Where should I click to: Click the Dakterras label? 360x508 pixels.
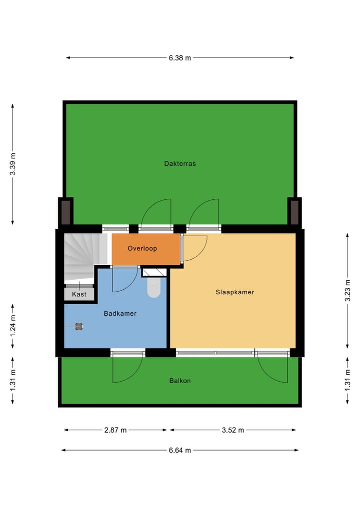coord(179,163)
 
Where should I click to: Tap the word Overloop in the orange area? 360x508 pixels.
coord(142,248)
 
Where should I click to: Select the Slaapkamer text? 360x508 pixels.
coord(234,292)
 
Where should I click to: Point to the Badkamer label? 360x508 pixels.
coord(120,314)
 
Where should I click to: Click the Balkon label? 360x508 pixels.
coord(179,381)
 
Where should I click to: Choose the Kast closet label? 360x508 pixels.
coord(79,294)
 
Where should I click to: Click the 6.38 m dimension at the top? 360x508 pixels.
coord(179,58)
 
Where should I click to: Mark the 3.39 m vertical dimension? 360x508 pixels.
coord(12,163)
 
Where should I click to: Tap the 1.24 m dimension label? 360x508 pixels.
coord(12,326)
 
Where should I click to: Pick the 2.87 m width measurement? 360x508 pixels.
coord(115,430)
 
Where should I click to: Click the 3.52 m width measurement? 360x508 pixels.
coord(232,430)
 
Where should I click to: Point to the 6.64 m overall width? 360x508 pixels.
coord(179,450)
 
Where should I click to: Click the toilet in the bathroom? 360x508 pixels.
coord(154,287)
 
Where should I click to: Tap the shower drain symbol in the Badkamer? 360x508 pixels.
coord(78,326)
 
